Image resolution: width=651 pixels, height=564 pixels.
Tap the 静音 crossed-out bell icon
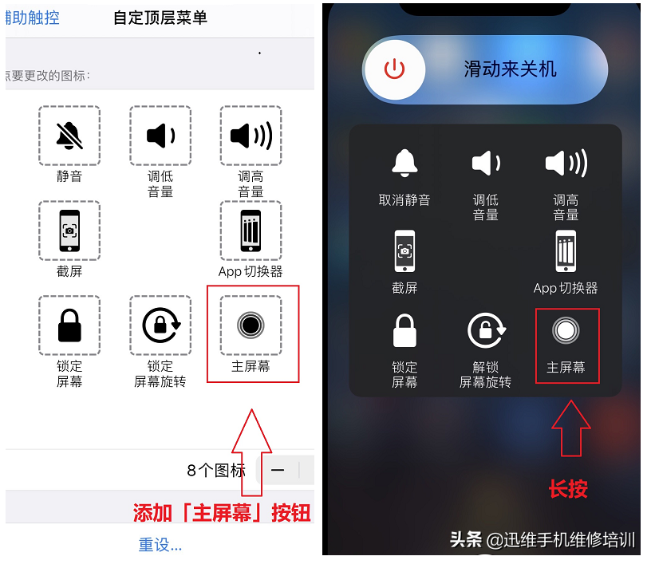click(69, 136)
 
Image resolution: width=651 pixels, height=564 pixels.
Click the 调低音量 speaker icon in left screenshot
click(160, 136)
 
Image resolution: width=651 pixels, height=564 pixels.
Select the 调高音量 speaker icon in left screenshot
click(251, 136)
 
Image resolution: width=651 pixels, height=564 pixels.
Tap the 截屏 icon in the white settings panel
click(69, 231)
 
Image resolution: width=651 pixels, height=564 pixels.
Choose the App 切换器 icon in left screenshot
click(251, 231)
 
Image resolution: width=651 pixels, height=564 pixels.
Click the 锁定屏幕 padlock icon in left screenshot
click(69, 325)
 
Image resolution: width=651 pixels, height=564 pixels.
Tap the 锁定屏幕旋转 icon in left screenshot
click(160, 325)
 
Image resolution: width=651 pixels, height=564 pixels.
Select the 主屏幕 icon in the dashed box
click(251, 325)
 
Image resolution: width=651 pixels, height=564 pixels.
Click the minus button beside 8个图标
click(278, 470)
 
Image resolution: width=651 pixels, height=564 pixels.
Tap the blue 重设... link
click(160, 545)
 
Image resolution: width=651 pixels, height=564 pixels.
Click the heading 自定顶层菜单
click(160, 18)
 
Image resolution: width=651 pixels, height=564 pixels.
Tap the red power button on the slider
click(394, 69)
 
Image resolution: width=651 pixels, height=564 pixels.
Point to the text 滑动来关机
click(511, 69)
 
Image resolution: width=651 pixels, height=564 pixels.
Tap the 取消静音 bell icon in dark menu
click(404, 164)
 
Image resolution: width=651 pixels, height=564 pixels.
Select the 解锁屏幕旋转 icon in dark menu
click(485, 331)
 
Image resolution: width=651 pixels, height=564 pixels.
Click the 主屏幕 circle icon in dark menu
click(566, 330)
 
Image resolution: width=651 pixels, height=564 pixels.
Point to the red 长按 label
click(568, 489)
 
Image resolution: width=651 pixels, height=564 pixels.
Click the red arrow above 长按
click(571, 429)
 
